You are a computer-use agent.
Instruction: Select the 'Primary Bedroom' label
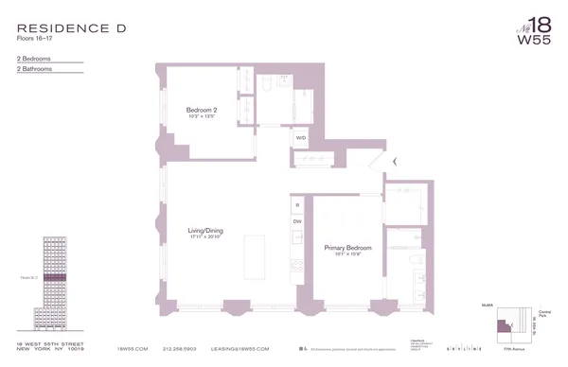click(x=347, y=247)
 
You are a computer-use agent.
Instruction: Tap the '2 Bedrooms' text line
click(x=34, y=59)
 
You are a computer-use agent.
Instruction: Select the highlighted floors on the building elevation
click(x=56, y=277)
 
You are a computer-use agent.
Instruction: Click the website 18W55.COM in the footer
click(x=132, y=348)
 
